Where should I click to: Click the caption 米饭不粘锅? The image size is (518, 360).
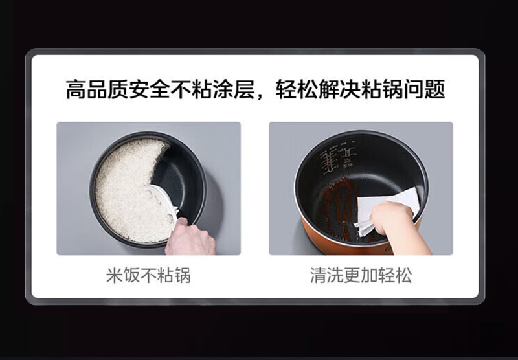pyautogui.click(x=148, y=275)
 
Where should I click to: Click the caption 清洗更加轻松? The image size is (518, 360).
pyautogui.click(x=361, y=275)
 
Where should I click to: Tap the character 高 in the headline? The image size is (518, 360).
pyautogui.click(x=76, y=89)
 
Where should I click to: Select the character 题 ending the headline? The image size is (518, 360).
pyautogui.click(x=434, y=89)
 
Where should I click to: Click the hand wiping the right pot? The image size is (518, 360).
pyautogui.click(x=396, y=227)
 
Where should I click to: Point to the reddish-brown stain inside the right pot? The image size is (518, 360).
pyautogui.click(x=341, y=205)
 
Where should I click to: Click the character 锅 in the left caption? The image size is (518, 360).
pyautogui.click(x=183, y=275)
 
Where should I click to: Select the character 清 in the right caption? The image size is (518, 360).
pyautogui.click(x=319, y=275)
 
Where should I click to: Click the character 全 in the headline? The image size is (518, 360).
pyautogui.click(x=160, y=89)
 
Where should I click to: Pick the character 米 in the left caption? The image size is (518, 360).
pyautogui.click(x=115, y=275)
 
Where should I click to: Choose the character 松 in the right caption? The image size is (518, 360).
pyautogui.click(x=403, y=275)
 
